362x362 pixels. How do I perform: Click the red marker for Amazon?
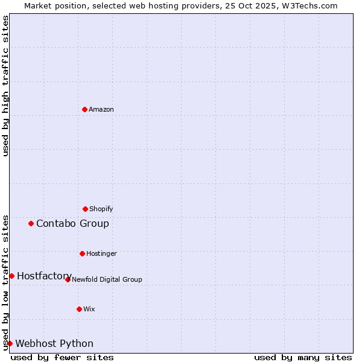coord(85,109)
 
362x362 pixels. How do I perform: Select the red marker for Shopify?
coord(85,209)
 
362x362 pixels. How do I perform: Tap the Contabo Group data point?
coord(31,223)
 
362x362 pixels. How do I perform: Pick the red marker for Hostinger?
coord(83,253)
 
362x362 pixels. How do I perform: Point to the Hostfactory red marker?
coord(11,276)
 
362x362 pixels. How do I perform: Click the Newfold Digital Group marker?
coord(68,279)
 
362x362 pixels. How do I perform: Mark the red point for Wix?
coord(79,309)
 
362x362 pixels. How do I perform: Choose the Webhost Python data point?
coord(10,343)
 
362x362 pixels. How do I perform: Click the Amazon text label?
coord(101,109)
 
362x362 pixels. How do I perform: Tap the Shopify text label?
coord(101,209)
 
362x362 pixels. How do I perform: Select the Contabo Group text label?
coord(72,223)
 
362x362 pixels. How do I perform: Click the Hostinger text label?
coord(101,253)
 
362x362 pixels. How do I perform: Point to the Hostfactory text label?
coord(44,276)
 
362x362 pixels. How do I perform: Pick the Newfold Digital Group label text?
coord(107,279)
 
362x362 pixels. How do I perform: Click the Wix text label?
coord(89,309)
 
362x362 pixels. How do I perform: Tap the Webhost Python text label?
coord(54,343)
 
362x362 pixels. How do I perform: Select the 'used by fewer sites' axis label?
coord(62,357)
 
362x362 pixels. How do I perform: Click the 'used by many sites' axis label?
coord(303,357)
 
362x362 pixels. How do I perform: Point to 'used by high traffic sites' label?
coord(5,86)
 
